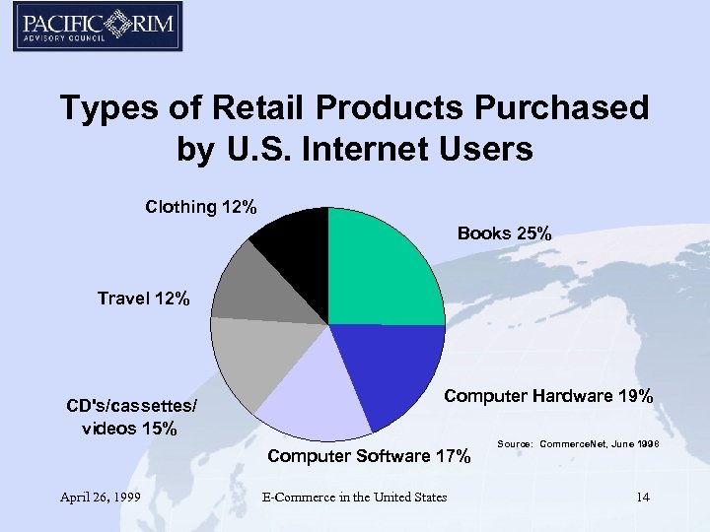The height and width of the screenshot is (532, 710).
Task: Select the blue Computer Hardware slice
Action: click(385, 369)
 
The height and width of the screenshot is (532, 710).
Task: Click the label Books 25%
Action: click(505, 233)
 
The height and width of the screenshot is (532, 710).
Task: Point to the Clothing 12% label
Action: click(201, 207)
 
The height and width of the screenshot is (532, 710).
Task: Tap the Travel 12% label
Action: click(143, 298)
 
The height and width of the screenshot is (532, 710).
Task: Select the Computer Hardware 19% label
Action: click(548, 396)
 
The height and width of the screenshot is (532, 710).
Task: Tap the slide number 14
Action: click(642, 497)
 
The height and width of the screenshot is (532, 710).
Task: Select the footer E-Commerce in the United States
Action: click(354, 497)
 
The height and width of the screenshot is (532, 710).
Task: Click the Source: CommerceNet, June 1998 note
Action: click(578, 445)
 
